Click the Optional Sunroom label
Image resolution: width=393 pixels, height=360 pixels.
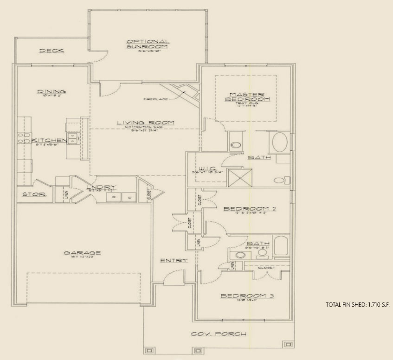tap(148, 44)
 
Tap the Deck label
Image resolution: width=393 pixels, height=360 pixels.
tap(52, 51)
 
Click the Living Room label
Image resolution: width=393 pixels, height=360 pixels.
tap(145, 123)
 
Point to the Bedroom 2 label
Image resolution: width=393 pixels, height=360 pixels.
tap(250, 209)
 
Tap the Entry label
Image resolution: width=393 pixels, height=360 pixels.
tap(174, 260)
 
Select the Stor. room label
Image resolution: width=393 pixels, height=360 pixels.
tap(34, 194)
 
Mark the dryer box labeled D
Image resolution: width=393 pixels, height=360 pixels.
tap(113, 198)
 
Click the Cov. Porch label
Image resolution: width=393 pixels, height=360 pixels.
tap(218, 334)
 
